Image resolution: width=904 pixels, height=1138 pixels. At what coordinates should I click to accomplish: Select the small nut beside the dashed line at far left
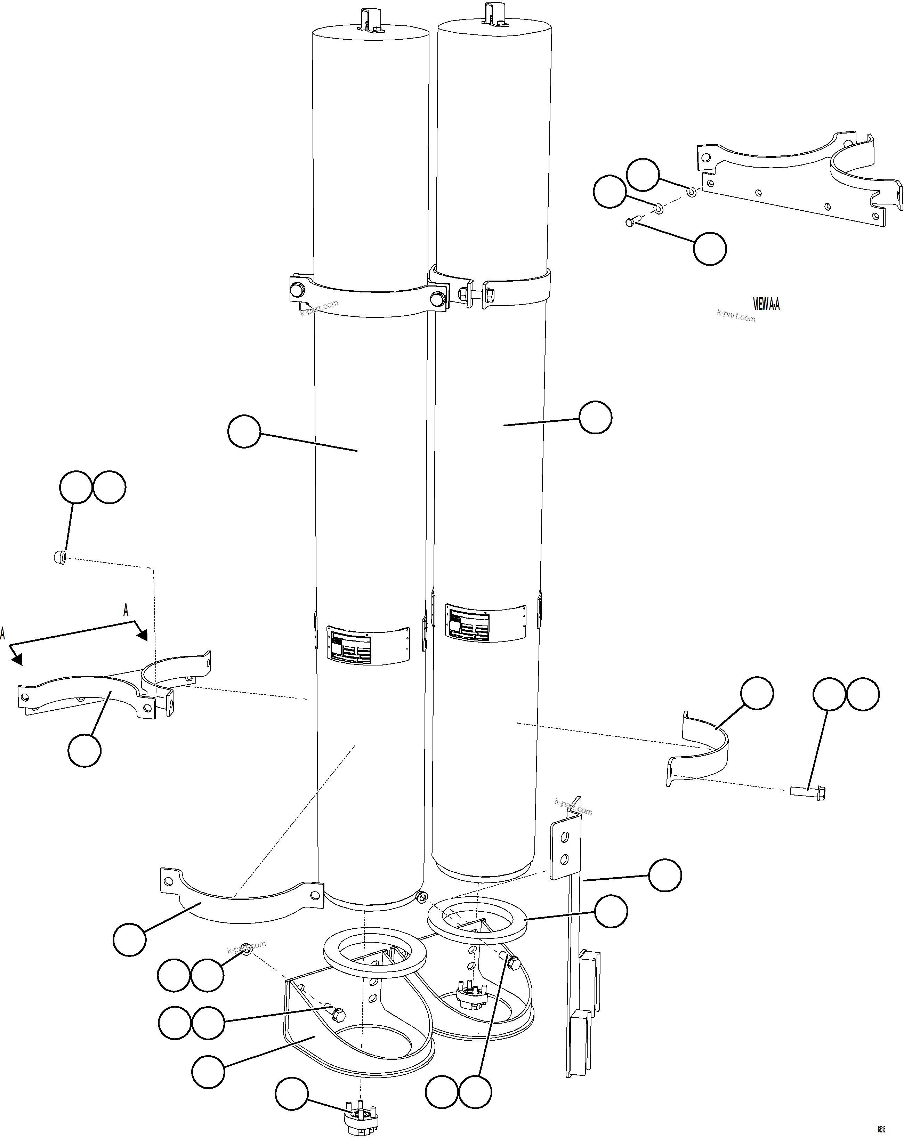(x=60, y=557)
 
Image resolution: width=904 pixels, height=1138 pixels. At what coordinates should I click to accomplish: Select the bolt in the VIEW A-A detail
(x=631, y=222)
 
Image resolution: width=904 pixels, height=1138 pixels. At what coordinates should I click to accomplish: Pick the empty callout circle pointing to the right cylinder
(x=595, y=418)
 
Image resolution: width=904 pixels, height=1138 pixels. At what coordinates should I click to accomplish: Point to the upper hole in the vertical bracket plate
(x=565, y=837)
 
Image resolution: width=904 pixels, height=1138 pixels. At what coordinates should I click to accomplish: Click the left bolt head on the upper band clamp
(x=297, y=290)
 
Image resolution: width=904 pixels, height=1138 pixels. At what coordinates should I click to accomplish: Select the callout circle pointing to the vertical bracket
(x=664, y=875)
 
